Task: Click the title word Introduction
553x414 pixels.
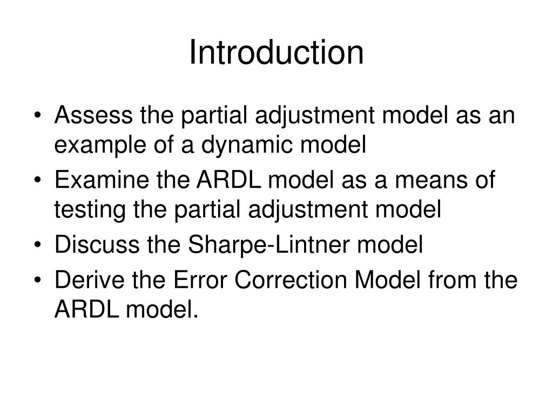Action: (276, 52)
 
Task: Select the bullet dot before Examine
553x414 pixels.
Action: (43, 182)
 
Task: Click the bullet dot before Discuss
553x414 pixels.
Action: (43, 246)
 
